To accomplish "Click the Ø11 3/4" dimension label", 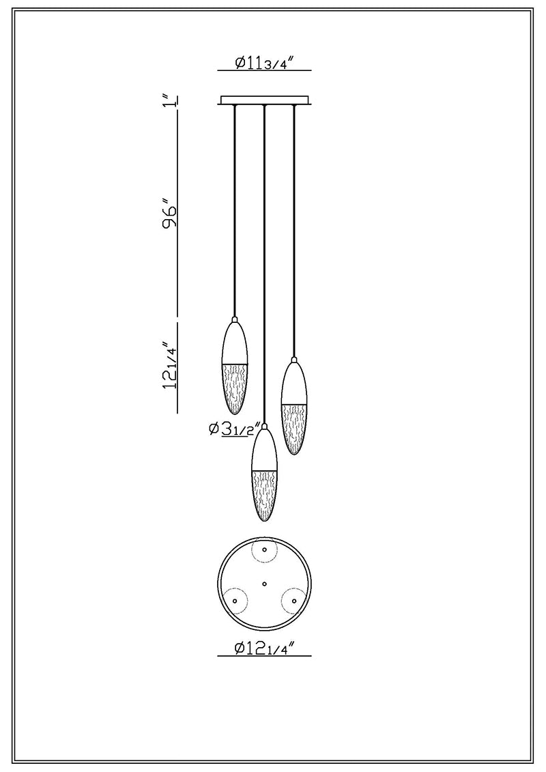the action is point(264,63).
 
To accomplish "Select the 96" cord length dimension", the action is point(170,214).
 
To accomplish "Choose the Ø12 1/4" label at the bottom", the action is point(264,648).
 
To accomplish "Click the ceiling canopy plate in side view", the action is point(264,100).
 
